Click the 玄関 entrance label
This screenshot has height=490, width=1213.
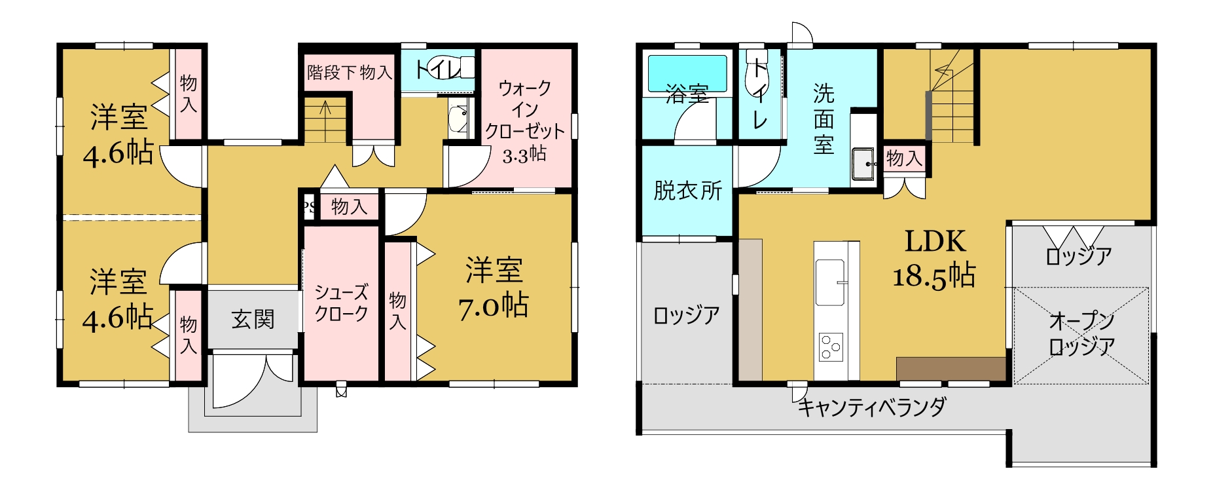[253, 320]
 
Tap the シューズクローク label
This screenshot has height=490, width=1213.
[341, 303]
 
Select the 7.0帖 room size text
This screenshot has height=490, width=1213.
[494, 306]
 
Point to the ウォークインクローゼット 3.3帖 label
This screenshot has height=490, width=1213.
[524, 121]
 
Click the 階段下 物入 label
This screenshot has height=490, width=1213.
[350, 71]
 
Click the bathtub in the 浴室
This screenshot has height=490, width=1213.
[687, 73]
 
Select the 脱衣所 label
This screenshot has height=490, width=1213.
[687, 191]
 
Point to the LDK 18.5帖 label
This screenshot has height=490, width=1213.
[935, 259]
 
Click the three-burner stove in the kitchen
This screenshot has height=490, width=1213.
[831, 347]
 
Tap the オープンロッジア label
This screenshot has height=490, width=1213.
[1081, 333]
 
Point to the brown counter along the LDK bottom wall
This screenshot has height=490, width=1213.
[951, 368]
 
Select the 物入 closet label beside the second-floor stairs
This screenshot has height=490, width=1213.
[904, 158]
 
